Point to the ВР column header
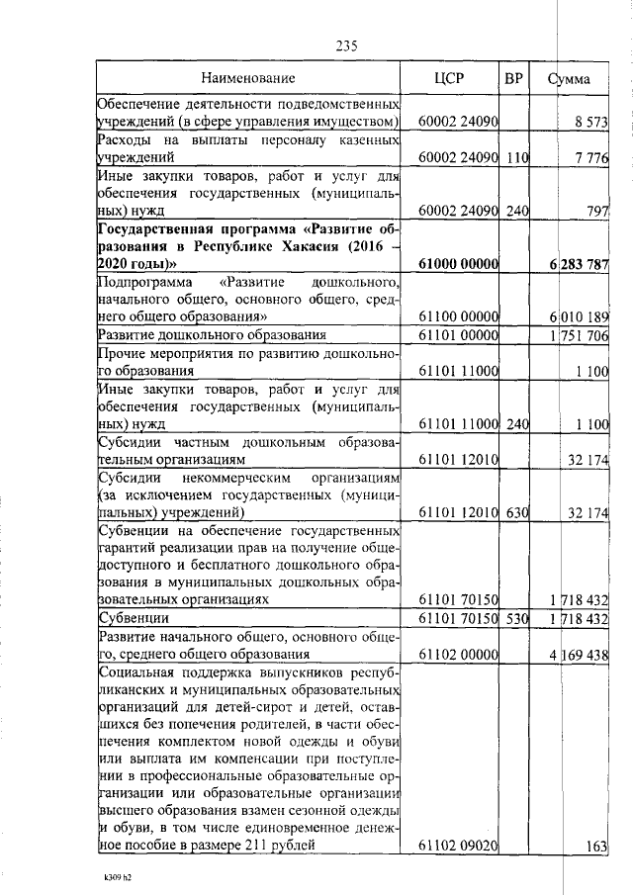pyautogui.click(x=514, y=77)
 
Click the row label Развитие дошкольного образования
pyautogui.click(x=212, y=336)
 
